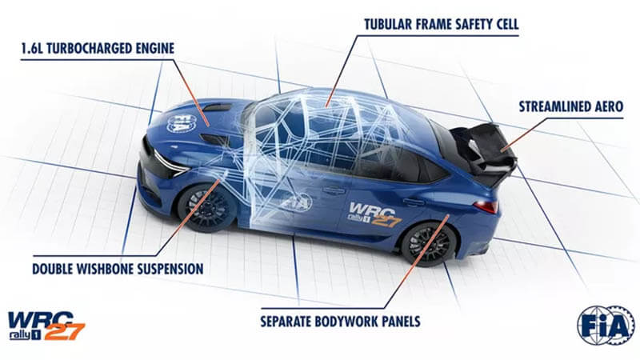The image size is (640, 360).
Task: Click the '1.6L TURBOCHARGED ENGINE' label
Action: (95, 50)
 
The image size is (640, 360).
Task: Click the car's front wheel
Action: (206, 206)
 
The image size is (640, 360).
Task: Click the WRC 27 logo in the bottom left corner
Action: (45, 326)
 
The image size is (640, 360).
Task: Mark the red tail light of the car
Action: (485, 206)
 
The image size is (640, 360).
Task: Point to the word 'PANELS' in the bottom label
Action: (397, 323)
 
